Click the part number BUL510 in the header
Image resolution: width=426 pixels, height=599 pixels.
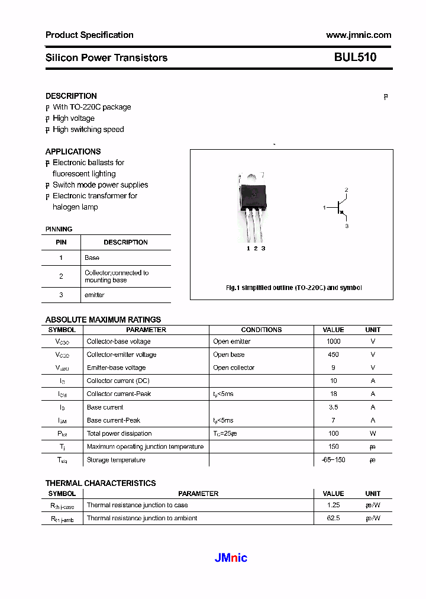(x=355, y=57)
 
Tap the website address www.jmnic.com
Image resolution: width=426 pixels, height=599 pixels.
(x=359, y=35)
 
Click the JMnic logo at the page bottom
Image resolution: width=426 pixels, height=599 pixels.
(x=230, y=558)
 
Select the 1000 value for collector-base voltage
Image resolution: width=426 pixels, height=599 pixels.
(x=333, y=342)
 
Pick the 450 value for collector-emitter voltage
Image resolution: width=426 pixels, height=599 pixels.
(x=333, y=355)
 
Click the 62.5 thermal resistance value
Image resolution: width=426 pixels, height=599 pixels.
(x=333, y=519)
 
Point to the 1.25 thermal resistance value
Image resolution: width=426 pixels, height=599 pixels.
(x=333, y=505)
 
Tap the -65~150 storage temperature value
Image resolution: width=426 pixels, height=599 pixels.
(x=333, y=460)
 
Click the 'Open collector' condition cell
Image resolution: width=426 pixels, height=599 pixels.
(x=234, y=368)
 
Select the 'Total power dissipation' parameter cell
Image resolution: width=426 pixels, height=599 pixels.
(x=119, y=434)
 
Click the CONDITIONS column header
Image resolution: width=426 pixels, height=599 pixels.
(x=262, y=330)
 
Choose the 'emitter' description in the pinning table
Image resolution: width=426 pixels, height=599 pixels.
(x=94, y=295)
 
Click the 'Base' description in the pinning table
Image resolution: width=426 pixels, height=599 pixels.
(x=92, y=258)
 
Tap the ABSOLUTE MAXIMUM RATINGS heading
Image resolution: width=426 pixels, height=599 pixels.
(x=103, y=320)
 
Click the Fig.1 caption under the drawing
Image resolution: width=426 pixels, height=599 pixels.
(x=293, y=288)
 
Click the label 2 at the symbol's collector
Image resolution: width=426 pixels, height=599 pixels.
(x=347, y=190)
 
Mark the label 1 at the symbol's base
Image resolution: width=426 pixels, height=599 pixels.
(x=324, y=208)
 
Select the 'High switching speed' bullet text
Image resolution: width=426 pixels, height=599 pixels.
(x=88, y=130)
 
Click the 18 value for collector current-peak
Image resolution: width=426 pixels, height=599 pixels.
(x=333, y=394)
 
